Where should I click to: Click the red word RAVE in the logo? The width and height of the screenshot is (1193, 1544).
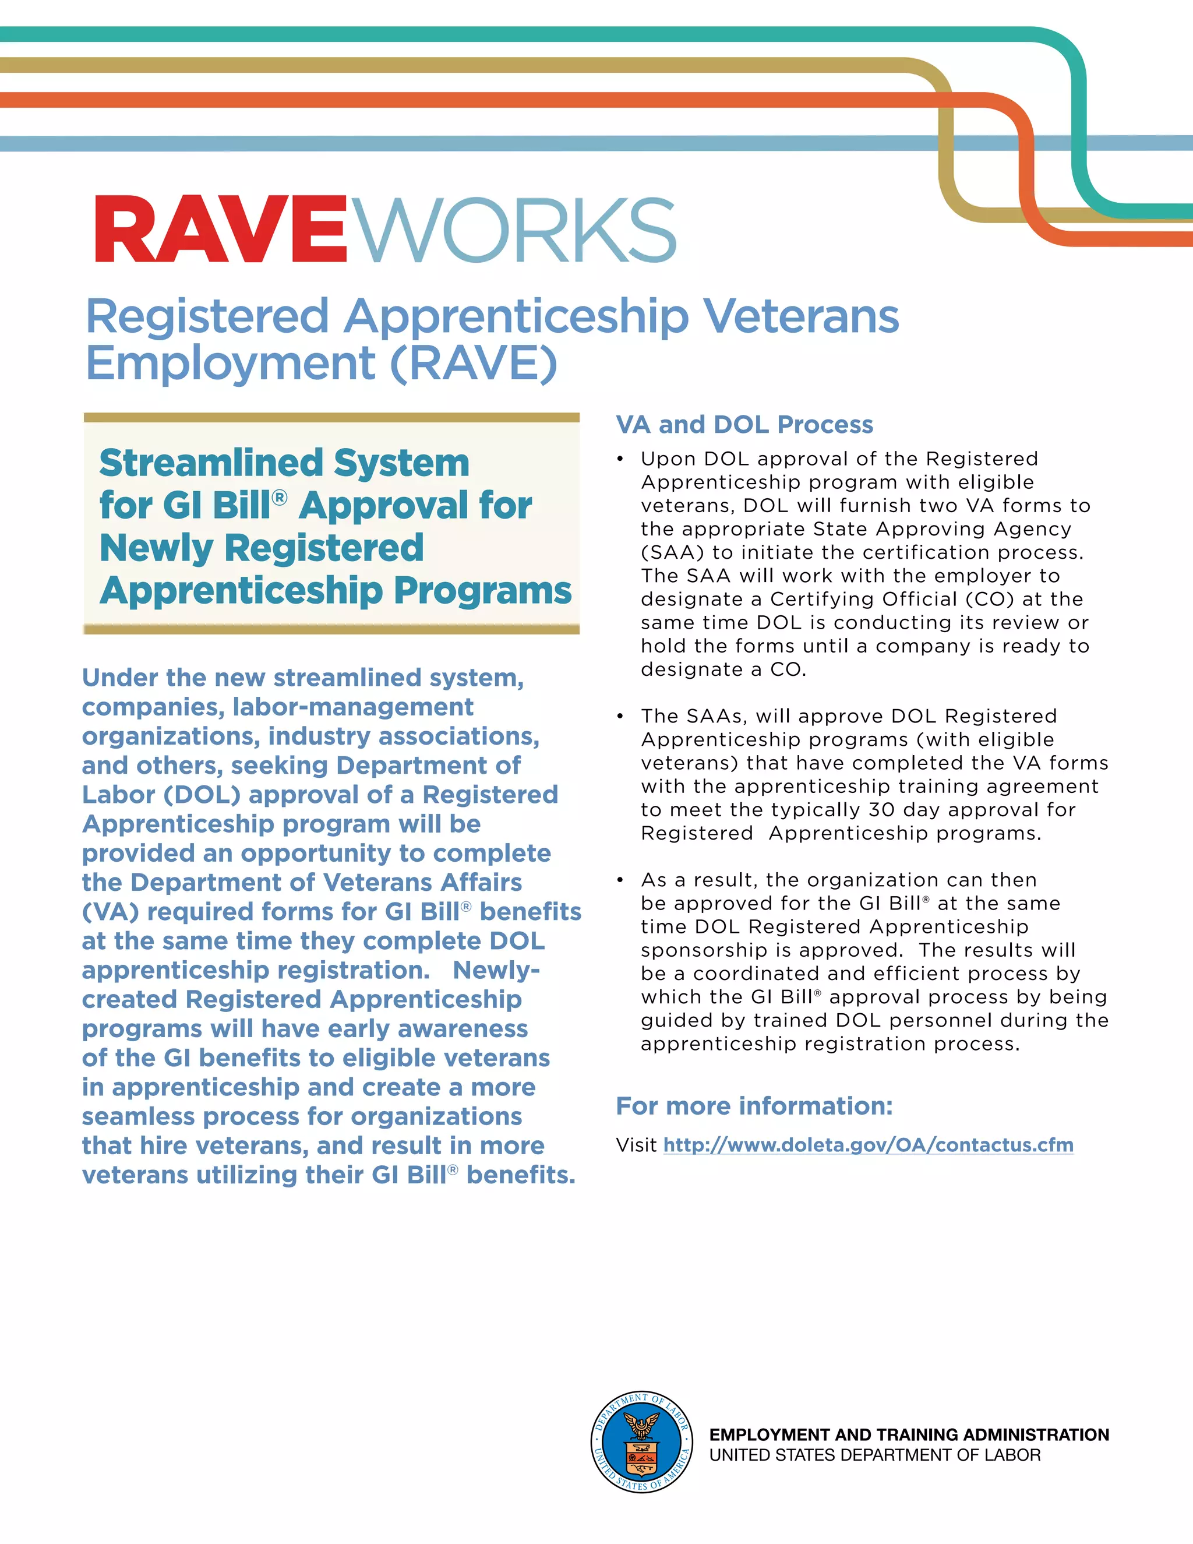tap(221, 230)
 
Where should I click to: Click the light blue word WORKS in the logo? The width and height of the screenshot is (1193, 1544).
tap(513, 230)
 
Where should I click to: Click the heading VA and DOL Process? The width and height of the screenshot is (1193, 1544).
tap(744, 424)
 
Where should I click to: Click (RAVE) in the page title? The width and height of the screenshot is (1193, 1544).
tap(473, 364)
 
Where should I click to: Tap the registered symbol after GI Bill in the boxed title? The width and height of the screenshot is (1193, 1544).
tap(280, 498)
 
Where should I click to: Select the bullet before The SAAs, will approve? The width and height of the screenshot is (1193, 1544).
tap(620, 717)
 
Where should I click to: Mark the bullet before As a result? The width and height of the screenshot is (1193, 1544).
tap(620, 881)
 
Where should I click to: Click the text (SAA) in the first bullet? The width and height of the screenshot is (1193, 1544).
tap(672, 552)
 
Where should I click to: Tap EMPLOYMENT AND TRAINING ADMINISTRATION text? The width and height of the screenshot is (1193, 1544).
tap(909, 1434)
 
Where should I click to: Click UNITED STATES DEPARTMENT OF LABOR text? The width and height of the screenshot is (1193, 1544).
tap(874, 1455)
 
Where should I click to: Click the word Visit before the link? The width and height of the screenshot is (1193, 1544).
tap(636, 1145)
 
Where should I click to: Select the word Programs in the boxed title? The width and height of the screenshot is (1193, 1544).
tap(482, 590)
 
